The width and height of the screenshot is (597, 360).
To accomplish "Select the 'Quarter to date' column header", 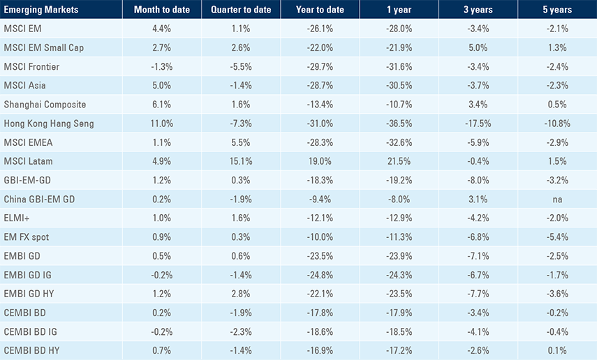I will click(241, 10).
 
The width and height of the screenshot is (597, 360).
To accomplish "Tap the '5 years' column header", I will click(557, 10).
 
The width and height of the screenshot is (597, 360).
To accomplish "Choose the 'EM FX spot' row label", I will click(26, 237).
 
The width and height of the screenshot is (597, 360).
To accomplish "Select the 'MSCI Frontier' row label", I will click(31, 66).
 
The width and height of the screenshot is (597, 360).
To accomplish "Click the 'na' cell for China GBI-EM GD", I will click(557, 199).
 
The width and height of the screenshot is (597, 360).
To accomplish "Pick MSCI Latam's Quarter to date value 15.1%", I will click(241, 161).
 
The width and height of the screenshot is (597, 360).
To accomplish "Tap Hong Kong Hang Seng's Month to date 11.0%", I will click(161, 123).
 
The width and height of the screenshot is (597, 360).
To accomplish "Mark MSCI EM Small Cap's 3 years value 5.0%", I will click(478, 47).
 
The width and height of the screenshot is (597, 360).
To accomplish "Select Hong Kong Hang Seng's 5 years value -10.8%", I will click(557, 123).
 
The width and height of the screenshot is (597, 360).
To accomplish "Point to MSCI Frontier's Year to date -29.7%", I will click(320, 66).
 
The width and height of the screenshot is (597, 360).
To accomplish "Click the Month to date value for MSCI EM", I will click(161, 29).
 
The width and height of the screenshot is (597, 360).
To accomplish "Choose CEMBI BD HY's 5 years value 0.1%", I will click(557, 350).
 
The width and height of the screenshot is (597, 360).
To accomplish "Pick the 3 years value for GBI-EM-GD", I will click(478, 180).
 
